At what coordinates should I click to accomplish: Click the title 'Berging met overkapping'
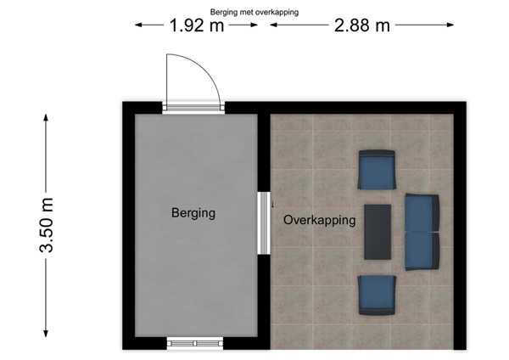point(255,12)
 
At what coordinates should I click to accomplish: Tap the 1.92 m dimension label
point(197,25)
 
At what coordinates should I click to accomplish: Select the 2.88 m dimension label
point(362,25)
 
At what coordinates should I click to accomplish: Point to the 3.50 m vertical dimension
point(48,226)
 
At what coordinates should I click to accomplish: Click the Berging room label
point(193,213)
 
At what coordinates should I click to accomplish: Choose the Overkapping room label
point(320,220)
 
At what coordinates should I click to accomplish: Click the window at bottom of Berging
point(193,343)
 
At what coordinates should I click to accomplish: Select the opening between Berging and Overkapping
point(263,222)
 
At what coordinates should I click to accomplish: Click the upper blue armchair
point(377,169)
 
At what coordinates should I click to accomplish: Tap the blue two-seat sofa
point(422,232)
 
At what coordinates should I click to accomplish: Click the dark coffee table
point(378,231)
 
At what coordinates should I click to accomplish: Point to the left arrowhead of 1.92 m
point(137,25)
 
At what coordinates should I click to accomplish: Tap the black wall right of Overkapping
point(460,225)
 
